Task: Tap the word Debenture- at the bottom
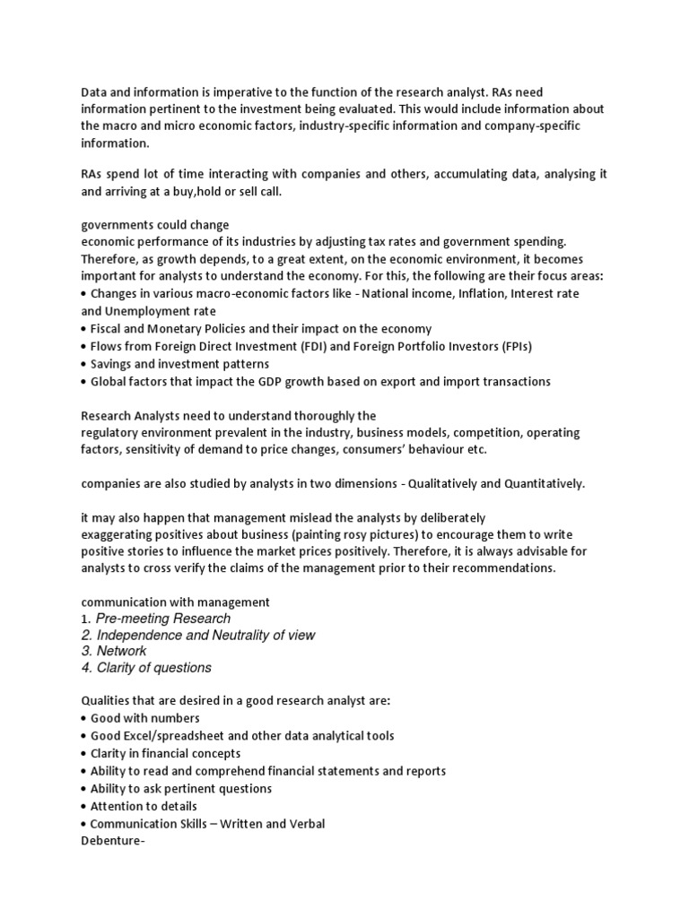(x=113, y=842)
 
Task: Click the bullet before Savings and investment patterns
(x=84, y=364)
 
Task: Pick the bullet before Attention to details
(x=84, y=806)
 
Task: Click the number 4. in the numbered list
(x=87, y=668)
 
